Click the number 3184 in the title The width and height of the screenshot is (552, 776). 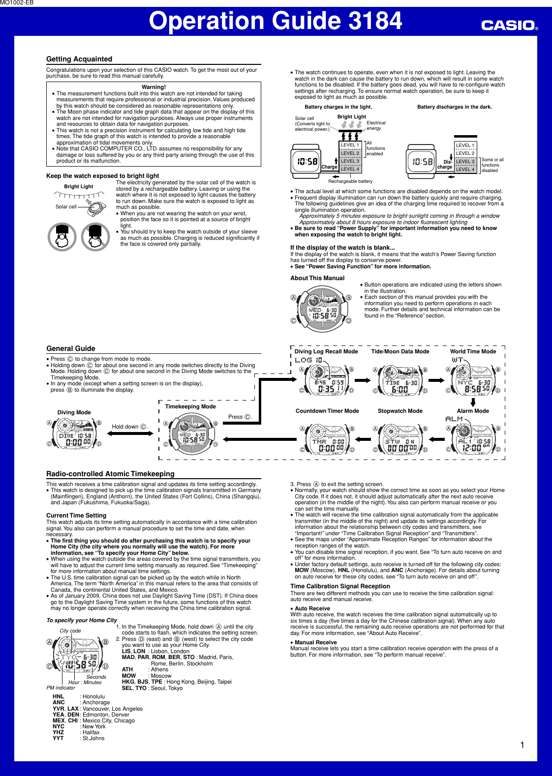[375, 21]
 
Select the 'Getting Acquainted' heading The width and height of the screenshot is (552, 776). [79, 59]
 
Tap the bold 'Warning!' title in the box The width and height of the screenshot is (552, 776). [153, 87]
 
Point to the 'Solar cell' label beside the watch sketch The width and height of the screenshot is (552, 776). [66, 207]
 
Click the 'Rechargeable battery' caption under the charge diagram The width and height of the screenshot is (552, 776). [350, 181]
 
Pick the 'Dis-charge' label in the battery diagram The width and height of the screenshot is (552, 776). [445, 164]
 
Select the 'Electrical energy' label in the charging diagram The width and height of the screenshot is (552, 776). [376, 125]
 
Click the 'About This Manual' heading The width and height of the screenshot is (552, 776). [317, 278]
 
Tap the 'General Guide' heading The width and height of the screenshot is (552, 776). [71, 348]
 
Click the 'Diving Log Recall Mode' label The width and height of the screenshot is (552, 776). [326, 351]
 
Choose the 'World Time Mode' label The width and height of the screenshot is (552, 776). [473, 351]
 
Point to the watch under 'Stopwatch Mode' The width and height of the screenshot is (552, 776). [400, 439]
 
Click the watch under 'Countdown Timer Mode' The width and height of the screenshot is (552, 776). [327, 439]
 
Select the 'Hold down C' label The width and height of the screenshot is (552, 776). [129, 427]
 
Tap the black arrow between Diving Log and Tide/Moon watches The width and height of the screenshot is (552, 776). [363, 380]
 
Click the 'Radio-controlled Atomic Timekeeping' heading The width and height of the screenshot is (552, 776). [110, 474]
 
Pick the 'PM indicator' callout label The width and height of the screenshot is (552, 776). [61, 688]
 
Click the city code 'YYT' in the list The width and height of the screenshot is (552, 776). [58, 738]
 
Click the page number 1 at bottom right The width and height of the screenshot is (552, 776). [522, 745]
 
